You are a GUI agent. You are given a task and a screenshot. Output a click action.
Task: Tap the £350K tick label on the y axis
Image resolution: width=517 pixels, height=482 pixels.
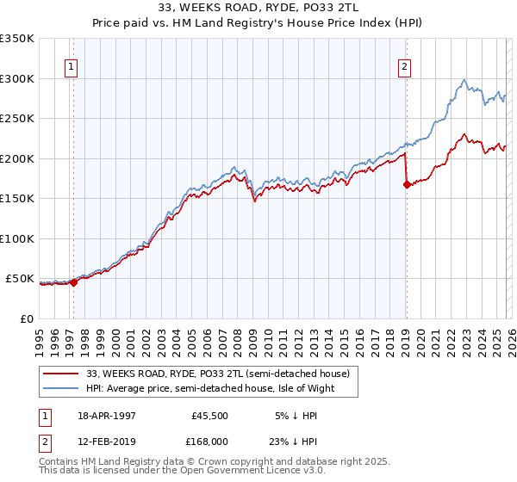[17, 39]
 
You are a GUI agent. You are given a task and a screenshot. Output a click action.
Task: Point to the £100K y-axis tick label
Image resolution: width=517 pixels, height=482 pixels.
[17, 238]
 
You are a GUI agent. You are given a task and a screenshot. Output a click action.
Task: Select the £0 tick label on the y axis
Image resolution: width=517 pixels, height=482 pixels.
[26, 318]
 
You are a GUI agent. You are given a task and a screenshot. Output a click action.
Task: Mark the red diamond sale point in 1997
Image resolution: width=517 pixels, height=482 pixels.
[74, 281]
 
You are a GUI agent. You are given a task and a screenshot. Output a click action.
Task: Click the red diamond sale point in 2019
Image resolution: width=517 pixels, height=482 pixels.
[406, 184]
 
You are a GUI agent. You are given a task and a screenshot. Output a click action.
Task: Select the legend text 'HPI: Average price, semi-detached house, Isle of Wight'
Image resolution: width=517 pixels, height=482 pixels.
[209, 388]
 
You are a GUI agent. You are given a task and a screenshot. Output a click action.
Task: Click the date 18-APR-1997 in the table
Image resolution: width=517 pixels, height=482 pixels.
[106, 415]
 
